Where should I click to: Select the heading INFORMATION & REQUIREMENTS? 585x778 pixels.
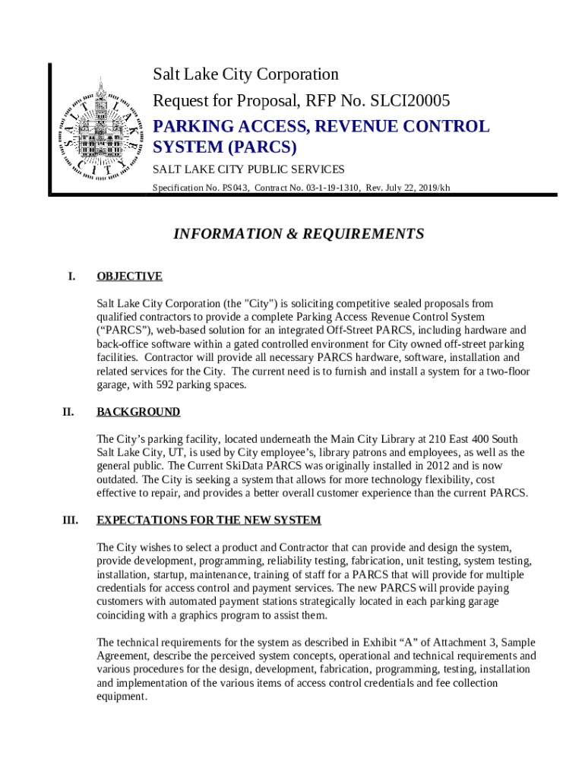[299, 234]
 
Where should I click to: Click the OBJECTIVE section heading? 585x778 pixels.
[129, 277]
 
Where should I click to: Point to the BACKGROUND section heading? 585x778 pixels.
[138, 412]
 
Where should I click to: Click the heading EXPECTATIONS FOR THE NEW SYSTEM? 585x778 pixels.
[209, 520]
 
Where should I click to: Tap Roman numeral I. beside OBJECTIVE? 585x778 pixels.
[71, 277]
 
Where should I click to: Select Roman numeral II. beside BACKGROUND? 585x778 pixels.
[68, 412]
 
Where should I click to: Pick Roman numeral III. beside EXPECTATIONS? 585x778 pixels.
[70, 520]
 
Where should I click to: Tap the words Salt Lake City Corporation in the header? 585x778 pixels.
[245, 74]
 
